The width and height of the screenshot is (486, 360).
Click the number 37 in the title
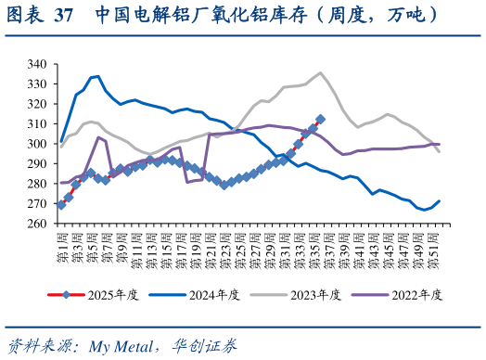64,16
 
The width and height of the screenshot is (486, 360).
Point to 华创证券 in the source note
205,346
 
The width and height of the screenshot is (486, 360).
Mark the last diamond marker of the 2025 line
320,119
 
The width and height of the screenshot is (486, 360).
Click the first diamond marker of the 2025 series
61,205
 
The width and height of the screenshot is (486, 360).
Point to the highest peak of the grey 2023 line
320,72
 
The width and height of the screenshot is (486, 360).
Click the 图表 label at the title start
24,16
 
